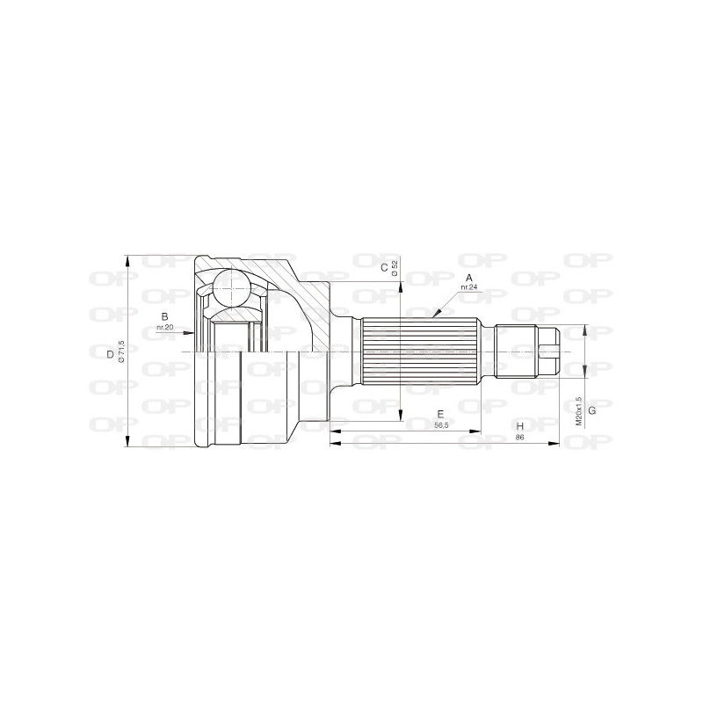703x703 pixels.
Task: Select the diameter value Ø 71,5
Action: [x=121, y=353]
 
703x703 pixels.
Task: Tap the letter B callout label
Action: [x=164, y=317]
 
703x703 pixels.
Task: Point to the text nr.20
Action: [x=164, y=328]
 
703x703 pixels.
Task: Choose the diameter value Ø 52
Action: [x=395, y=267]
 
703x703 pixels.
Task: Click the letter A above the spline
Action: [x=469, y=277]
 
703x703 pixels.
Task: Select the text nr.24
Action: [x=467, y=287]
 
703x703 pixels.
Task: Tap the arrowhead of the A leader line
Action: [x=434, y=315]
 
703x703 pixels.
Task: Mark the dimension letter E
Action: [x=440, y=413]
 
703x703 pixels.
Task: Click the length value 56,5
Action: [x=442, y=424]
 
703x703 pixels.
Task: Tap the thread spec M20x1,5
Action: [x=578, y=410]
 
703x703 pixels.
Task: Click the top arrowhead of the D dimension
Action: [x=128, y=258]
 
